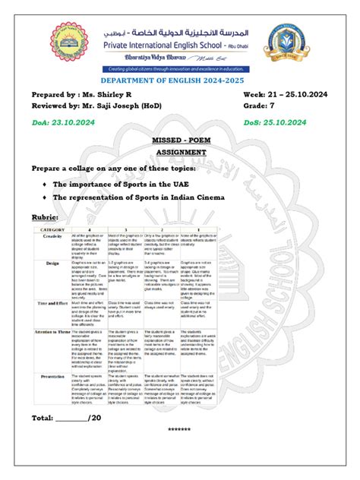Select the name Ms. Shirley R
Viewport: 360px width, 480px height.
point(118,94)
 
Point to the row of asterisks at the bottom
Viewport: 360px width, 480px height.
point(179,431)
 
